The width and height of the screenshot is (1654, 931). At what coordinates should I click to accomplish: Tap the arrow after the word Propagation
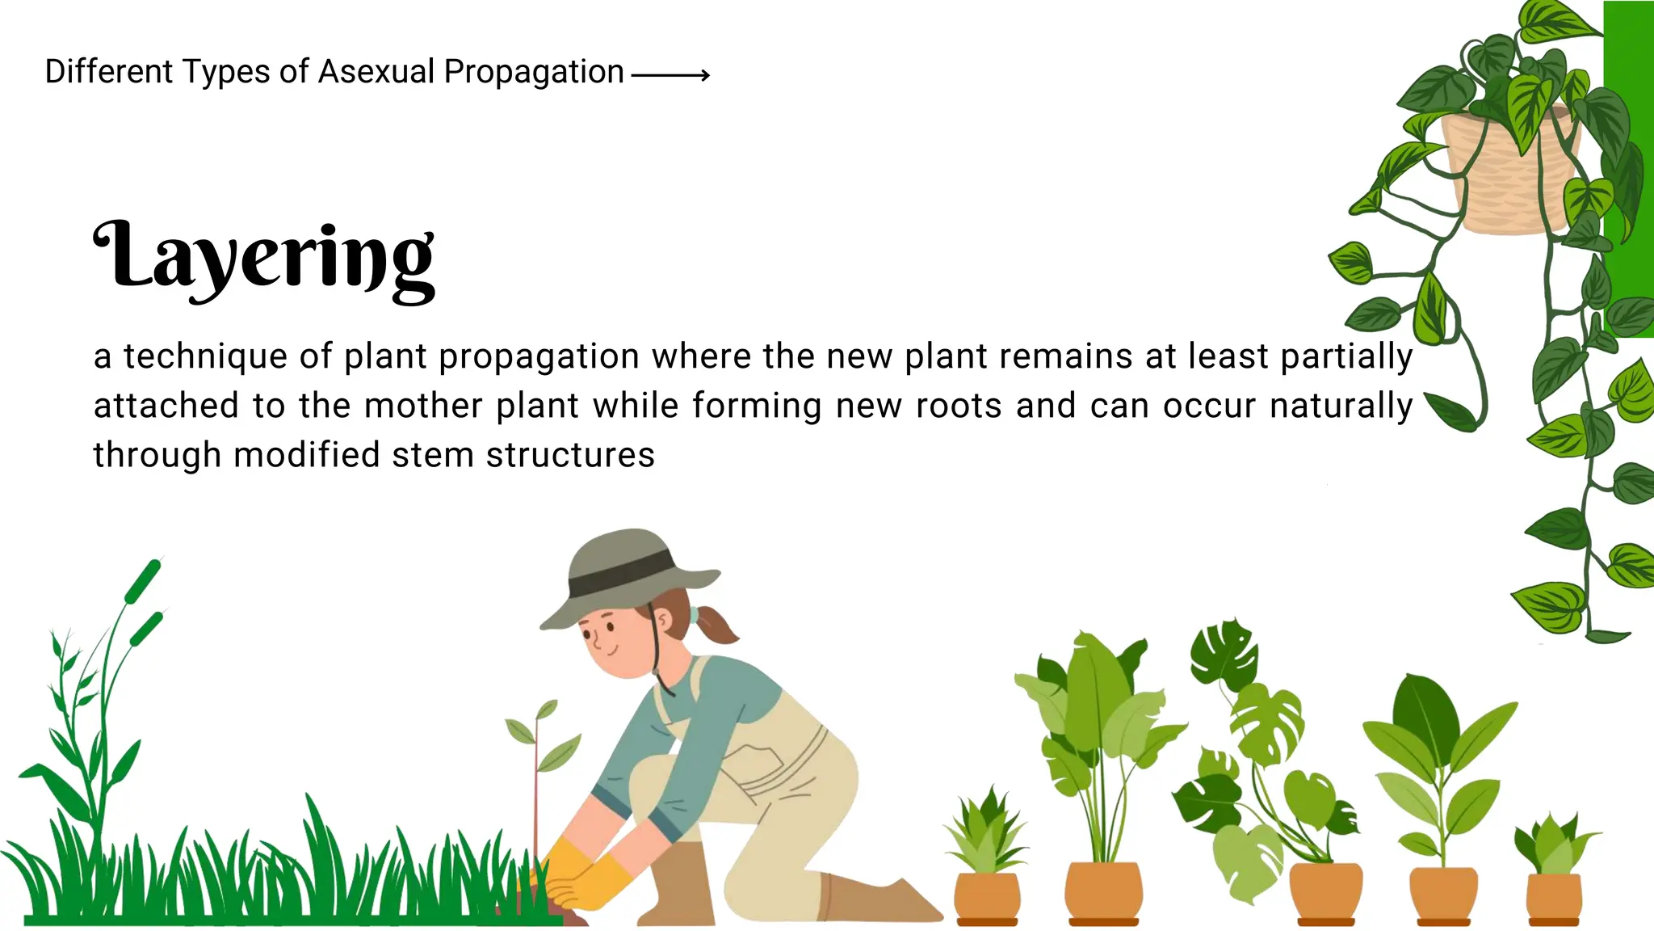point(670,75)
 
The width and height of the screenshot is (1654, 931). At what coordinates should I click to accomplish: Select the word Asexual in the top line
point(376,72)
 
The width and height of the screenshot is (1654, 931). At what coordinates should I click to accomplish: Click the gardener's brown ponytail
point(715,623)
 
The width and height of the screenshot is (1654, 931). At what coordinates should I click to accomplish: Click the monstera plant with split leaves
point(1260,760)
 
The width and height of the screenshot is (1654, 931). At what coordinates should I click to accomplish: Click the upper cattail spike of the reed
point(143,581)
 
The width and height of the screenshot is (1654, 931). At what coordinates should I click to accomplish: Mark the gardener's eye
point(610,627)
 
